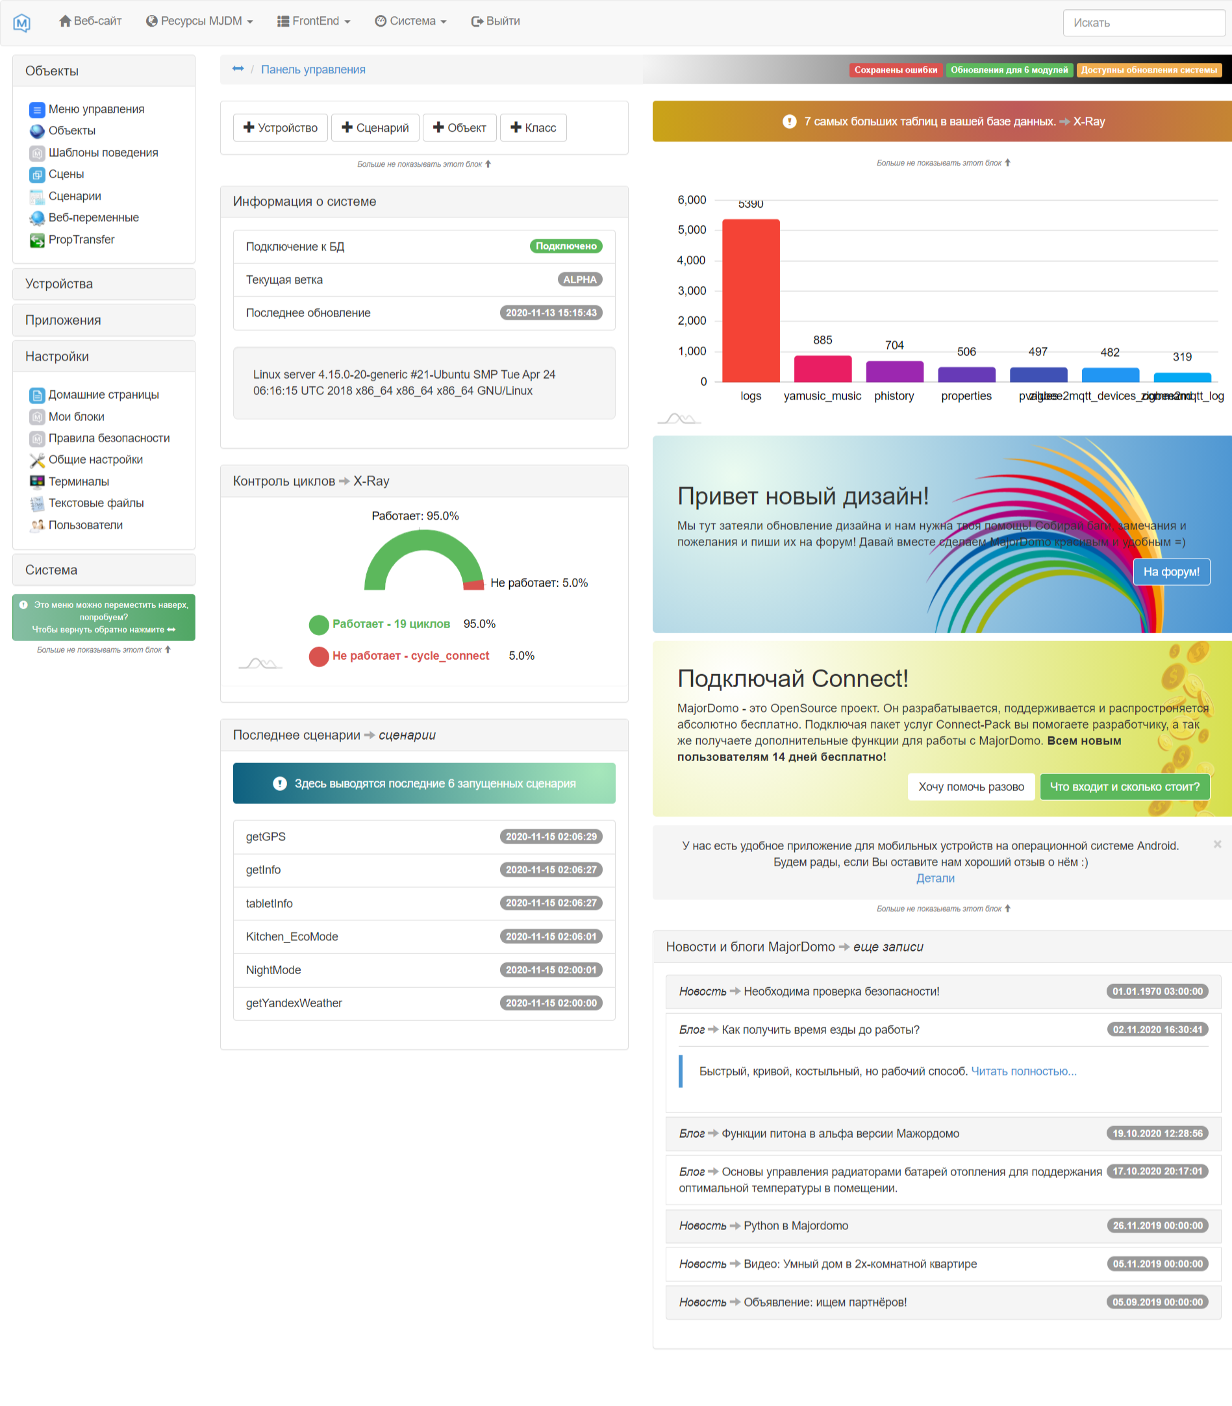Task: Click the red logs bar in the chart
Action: [751, 301]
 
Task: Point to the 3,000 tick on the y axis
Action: [692, 291]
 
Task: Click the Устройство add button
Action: [281, 128]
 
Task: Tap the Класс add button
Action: [533, 128]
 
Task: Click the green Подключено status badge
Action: [566, 246]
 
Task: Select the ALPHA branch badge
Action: [579, 280]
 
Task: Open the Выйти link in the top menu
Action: [495, 21]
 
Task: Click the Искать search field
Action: [1142, 23]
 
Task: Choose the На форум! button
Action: [1171, 572]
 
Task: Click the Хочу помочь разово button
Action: [971, 787]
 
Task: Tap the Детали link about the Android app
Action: [935, 879]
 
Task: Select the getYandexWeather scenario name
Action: [294, 1004]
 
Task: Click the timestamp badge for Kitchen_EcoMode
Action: [551, 937]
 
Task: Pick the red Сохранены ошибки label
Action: [895, 70]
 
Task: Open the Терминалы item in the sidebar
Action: [79, 482]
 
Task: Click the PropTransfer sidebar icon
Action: [37, 240]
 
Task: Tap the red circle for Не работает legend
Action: [319, 657]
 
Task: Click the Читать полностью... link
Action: [1023, 1072]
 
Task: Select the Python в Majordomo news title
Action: [796, 1226]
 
